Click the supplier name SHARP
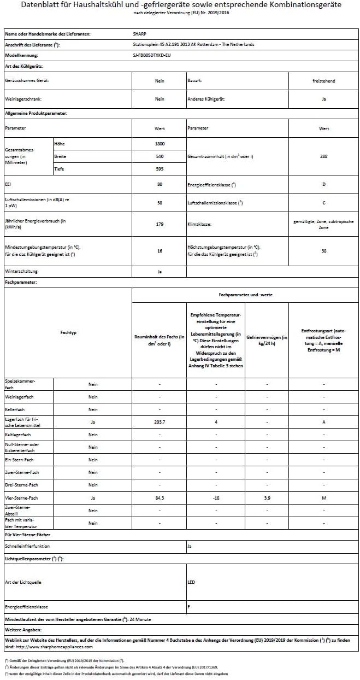[140, 34]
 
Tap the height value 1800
[160, 143]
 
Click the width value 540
[160, 156]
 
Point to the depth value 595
[160, 169]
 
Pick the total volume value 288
[323, 156]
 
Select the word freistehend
[323, 81]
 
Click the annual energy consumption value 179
[160, 224]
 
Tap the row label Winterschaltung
[21, 271]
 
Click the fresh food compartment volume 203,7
[160, 422]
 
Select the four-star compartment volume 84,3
[160, 498]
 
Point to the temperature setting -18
[216, 498]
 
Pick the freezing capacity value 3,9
[267, 498]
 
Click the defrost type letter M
[323, 498]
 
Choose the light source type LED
[191, 582]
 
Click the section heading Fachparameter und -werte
[245, 295]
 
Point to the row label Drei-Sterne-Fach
[21, 485]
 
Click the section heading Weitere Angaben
[21, 630]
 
